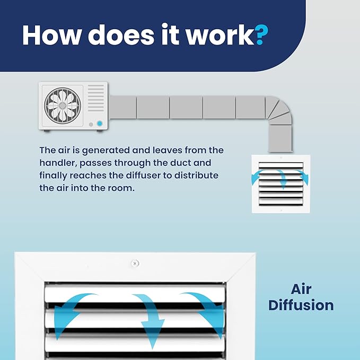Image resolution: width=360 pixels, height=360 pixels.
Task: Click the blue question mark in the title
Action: coord(261,34)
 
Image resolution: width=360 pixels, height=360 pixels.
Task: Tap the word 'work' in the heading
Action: coord(220,34)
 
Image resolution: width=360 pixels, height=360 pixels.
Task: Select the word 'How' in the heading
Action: coord(52,34)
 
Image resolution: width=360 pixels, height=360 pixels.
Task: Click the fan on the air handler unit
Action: coord(63,106)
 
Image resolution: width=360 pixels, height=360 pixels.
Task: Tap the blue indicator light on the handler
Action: coord(100,124)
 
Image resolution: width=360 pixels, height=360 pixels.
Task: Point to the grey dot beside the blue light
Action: coord(91,125)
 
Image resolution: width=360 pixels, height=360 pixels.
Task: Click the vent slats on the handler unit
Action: coord(96,98)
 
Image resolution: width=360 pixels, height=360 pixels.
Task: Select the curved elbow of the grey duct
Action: coord(279,110)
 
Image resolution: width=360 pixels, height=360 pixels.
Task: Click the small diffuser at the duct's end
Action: coord(281,183)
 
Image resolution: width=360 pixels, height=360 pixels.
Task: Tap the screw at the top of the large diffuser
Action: coord(135,263)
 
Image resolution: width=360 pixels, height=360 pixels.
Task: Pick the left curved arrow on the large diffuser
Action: coord(69,310)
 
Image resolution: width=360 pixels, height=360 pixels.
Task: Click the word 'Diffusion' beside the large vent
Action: coord(301,305)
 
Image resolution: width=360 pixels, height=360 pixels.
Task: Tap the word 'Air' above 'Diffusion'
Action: coord(301,289)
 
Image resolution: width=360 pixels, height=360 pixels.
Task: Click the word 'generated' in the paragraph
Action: coord(106,151)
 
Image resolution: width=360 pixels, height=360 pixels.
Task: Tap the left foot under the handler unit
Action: coord(47,131)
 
